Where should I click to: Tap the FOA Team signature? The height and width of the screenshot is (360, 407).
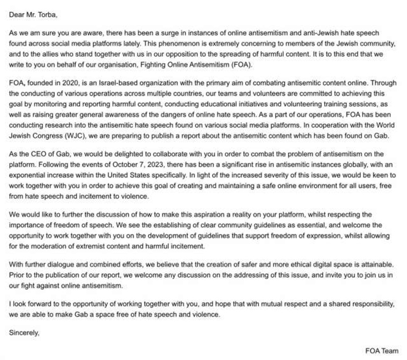click(x=382, y=351)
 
